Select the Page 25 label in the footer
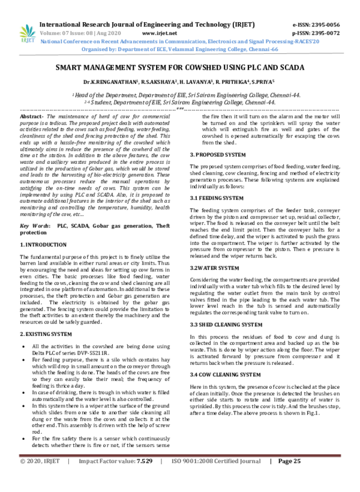tap(289, 478)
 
